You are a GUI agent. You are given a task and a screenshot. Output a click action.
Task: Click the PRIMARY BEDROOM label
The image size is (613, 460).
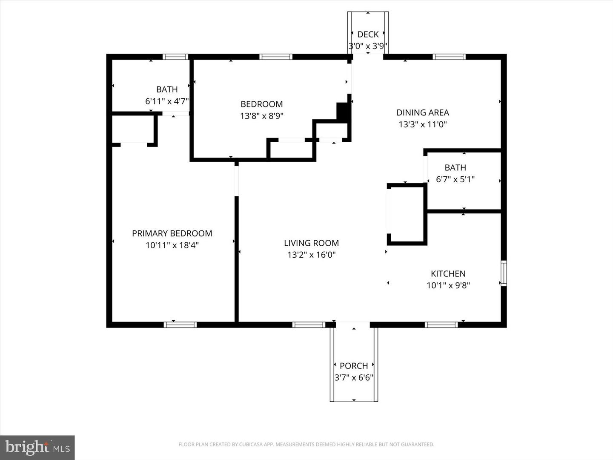pos(172,233)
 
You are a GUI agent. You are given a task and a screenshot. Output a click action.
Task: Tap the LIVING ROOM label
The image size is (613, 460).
pos(311,243)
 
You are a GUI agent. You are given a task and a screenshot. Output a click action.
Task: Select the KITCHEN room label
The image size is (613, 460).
pos(448,274)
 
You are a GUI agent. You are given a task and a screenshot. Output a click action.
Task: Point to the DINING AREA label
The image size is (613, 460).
pos(422,112)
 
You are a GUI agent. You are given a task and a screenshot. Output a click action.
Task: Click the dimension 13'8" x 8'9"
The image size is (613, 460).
pos(262,116)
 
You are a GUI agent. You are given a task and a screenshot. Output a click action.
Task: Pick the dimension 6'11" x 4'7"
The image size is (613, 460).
pos(167,101)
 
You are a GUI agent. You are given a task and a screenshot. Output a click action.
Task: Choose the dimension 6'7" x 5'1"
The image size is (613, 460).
pos(455,179)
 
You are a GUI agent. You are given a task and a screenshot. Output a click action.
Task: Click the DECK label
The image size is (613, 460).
pos(368,34)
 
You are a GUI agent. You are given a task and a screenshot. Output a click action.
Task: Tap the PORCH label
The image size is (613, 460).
pos(354,366)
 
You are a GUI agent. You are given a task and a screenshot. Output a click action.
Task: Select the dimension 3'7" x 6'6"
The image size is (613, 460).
pos(354,377)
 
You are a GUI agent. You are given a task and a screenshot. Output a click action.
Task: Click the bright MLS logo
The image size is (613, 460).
pos(37,448)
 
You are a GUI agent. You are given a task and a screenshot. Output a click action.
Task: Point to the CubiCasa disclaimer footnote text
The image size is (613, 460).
pos(306,445)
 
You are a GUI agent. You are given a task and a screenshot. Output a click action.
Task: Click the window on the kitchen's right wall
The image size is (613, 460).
pos(504,273)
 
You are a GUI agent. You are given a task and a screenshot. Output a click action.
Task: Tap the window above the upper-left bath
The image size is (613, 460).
pos(175,57)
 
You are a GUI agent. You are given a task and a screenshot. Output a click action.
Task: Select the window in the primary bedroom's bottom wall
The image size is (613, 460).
pos(180,325)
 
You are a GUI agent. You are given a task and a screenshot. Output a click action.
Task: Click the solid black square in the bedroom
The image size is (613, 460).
pos(343,112)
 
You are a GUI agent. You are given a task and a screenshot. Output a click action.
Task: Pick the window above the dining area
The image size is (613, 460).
pos(449,57)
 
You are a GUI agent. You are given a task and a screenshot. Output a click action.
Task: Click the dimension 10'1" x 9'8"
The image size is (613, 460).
pos(448,285)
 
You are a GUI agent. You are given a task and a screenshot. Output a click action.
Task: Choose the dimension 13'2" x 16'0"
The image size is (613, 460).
pos(311,255)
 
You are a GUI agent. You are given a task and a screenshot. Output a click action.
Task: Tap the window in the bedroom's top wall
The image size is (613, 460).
pos(276,57)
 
